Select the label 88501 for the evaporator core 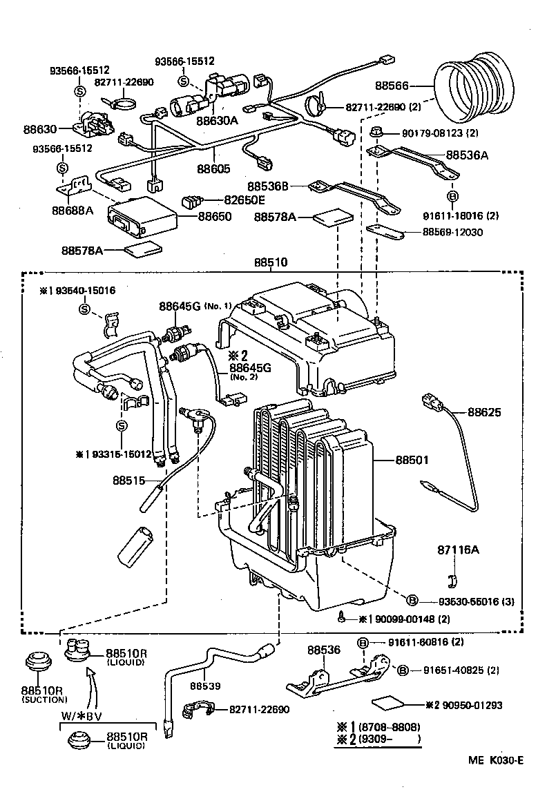point(412,459)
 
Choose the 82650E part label point(244,200)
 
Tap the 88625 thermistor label point(485,412)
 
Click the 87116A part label point(457,550)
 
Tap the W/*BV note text point(83,715)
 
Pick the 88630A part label point(216,120)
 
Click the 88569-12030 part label point(453,233)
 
